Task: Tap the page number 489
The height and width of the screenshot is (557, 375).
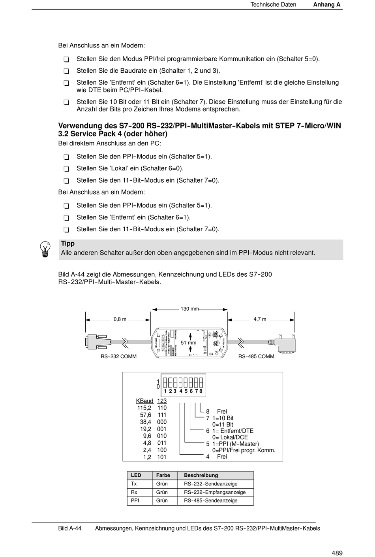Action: click(x=337, y=553)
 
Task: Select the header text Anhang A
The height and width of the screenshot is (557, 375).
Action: click(x=326, y=5)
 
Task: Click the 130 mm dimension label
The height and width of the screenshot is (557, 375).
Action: click(x=189, y=309)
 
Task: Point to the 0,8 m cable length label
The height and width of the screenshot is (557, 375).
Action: click(x=120, y=319)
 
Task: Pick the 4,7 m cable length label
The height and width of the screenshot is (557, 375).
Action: click(x=260, y=319)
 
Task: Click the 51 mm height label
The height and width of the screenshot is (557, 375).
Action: click(x=188, y=343)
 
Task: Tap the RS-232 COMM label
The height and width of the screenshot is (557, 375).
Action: click(x=118, y=357)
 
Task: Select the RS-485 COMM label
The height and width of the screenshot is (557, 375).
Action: click(x=256, y=357)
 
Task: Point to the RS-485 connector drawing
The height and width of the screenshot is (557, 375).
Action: click(x=283, y=343)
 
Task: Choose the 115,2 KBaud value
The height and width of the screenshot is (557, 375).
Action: click(x=144, y=408)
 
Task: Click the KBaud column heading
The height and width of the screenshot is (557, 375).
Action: click(x=144, y=401)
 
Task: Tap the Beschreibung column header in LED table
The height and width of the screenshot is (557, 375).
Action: click(x=201, y=476)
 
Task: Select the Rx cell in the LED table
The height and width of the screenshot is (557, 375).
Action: click(x=134, y=492)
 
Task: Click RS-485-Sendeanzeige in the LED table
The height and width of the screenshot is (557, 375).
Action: click(x=210, y=500)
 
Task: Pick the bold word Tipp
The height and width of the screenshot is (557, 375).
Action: click(x=67, y=244)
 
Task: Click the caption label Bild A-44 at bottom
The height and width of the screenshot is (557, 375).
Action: click(x=69, y=529)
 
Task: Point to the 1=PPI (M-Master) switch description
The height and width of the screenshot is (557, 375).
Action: click(x=235, y=444)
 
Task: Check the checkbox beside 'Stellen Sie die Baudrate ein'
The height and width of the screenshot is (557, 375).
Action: click(x=66, y=72)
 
